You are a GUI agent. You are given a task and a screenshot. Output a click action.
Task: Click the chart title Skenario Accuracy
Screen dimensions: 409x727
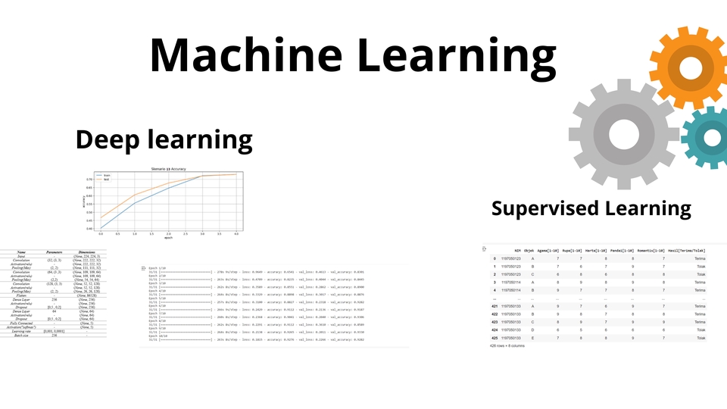[x=168, y=168]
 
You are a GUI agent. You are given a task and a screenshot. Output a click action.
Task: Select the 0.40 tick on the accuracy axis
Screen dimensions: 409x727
[x=89, y=228]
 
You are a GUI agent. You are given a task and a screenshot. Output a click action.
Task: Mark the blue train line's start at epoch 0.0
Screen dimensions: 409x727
[x=101, y=228]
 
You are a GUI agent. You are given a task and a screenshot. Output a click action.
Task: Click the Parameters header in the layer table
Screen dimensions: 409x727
[x=55, y=252]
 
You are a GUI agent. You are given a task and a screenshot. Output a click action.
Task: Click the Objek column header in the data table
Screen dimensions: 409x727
[x=529, y=249]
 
